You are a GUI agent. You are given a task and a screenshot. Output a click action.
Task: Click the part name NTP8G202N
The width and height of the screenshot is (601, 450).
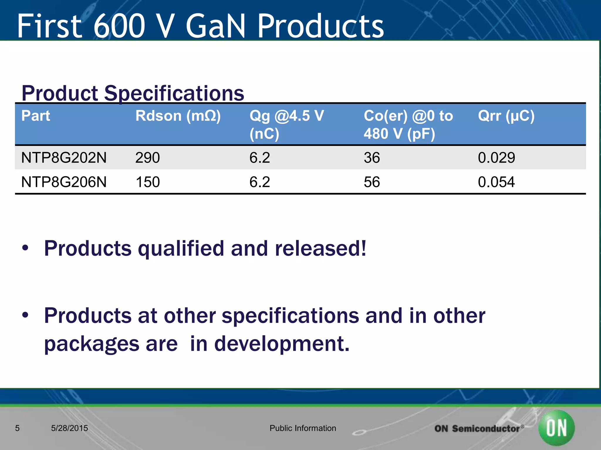tap(64, 158)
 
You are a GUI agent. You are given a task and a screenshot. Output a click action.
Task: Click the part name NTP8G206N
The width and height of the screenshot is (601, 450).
tap(64, 182)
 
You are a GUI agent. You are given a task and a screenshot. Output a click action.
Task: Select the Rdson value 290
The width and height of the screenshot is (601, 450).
tap(147, 158)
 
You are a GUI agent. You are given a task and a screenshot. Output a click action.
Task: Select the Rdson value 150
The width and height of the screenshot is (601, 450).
tap(147, 182)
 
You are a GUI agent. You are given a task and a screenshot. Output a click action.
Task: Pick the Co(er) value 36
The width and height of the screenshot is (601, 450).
tap(372, 158)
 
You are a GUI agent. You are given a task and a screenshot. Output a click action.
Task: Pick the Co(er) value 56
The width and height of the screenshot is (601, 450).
tap(372, 182)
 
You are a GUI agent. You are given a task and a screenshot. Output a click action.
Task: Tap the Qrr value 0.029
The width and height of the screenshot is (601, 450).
tap(496, 158)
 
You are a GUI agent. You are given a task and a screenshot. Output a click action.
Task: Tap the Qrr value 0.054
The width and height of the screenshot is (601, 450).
tap(496, 182)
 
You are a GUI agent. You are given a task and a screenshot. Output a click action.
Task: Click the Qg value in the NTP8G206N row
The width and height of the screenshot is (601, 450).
tap(259, 182)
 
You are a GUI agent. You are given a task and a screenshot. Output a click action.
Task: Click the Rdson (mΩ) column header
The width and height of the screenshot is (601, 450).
tap(178, 116)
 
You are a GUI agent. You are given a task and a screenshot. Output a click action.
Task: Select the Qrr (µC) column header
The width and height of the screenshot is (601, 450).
tap(506, 116)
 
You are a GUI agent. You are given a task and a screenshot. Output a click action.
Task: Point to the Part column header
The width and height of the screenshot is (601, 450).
tap(36, 116)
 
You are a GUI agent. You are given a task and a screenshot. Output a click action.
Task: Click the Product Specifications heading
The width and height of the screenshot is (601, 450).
tap(133, 93)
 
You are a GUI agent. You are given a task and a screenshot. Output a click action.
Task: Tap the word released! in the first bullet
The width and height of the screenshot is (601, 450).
tap(320, 248)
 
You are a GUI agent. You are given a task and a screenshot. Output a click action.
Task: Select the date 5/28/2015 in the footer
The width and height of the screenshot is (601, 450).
tap(69, 428)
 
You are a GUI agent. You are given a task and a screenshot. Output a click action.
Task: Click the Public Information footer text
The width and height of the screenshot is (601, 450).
tap(303, 428)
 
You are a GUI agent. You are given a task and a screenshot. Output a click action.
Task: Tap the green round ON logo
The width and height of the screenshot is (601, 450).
tap(556, 427)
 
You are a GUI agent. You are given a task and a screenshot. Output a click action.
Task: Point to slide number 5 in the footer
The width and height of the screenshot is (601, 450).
tap(17, 428)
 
